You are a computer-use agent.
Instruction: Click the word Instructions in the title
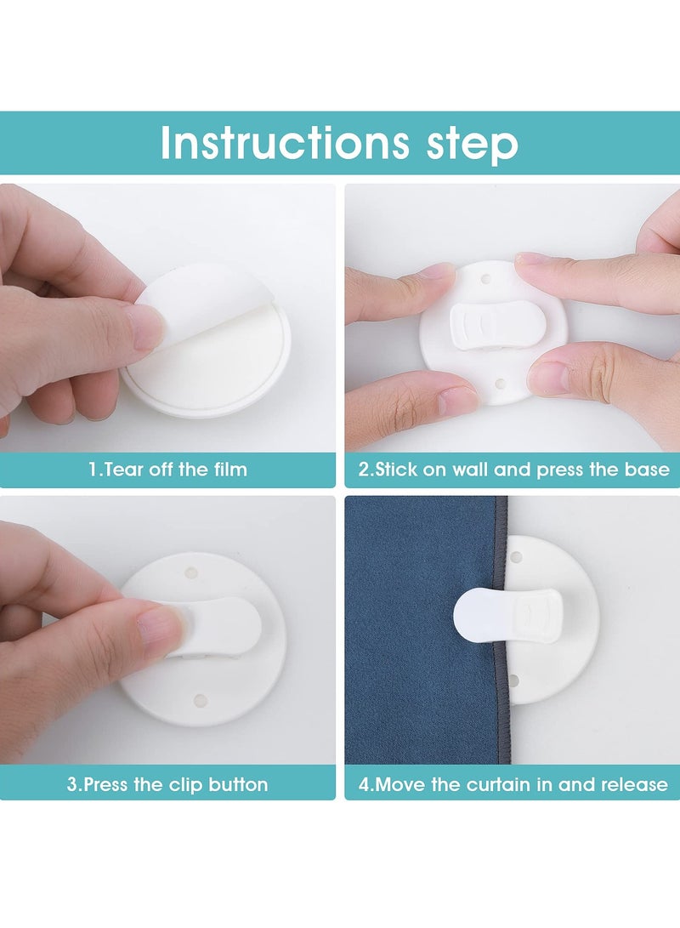coord(284,143)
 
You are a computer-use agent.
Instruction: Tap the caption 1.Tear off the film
coord(168,470)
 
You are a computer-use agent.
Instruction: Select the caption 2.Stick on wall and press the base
coord(514,470)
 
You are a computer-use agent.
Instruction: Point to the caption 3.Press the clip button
coord(167,785)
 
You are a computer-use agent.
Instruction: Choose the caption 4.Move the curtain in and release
coord(513,785)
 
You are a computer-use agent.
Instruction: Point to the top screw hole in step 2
coord(487,277)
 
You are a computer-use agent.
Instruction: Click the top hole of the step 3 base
coord(191,572)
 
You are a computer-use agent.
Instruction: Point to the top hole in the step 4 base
coord(516,557)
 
